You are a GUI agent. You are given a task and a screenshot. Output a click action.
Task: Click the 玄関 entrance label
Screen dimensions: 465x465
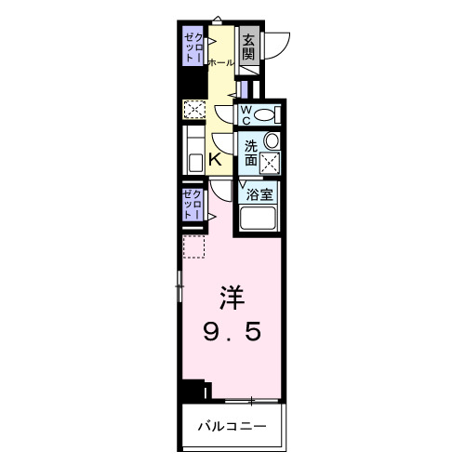click(248, 46)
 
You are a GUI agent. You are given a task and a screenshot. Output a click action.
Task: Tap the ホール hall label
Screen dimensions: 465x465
click(220, 62)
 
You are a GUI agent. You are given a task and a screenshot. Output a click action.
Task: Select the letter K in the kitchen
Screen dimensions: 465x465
click(216, 159)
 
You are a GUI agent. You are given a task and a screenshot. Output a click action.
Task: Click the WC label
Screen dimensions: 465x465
click(246, 113)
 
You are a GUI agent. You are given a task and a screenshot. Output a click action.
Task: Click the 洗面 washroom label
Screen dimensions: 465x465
click(251, 153)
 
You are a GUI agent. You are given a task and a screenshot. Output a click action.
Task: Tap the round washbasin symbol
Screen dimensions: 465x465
click(272, 140)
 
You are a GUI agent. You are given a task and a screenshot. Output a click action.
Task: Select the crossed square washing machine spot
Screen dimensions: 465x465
click(270, 163)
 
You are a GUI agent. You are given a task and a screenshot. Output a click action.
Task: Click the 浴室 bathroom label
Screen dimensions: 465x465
click(259, 195)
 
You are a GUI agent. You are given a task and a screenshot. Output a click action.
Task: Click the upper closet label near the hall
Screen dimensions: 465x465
click(193, 46)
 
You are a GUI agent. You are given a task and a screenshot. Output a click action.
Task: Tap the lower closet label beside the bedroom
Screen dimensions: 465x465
click(193, 203)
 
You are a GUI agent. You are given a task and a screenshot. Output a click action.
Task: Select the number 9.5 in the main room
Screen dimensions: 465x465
click(232, 330)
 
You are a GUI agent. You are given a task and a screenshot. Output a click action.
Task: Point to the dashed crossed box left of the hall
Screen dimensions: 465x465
click(193, 110)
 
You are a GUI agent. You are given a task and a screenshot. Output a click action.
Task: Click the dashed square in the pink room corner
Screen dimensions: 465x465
click(193, 247)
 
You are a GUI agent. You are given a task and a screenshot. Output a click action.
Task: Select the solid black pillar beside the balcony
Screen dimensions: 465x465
click(193, 392)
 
